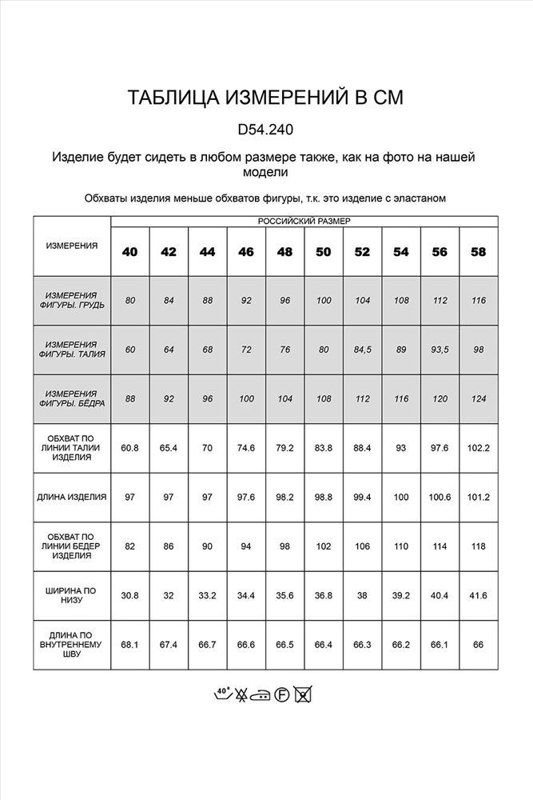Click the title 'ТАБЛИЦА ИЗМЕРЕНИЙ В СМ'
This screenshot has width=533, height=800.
[x=266, y=98]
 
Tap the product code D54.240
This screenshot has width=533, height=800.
[x=266, y=130]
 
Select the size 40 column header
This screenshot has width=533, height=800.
[x=129, y=251]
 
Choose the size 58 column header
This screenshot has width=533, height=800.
[x=479, y=251]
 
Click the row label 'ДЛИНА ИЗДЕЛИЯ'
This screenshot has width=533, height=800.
[x=72, y=497]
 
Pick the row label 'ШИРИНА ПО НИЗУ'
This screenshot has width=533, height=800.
[x=72, y=596]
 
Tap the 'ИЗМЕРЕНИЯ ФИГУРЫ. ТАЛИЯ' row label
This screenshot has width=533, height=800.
[x=72, y=349]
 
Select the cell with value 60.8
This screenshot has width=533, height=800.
[x=129, y=448]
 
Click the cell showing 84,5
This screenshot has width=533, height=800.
[x=362, y=349]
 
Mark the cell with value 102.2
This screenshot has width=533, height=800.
[x=479, y=448]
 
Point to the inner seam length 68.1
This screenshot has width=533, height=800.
[x=129, y=646]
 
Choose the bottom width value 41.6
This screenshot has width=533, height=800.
[x=479, y=596]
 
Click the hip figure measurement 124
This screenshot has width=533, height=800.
[x=479, y=398]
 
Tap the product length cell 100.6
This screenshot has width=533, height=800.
[x=440, y=497]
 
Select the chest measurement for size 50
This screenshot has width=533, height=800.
[x=324, y=300]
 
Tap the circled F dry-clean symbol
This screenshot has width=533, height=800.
[x=281, y=694]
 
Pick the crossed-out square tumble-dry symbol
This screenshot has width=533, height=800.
[x=302, y=694]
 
